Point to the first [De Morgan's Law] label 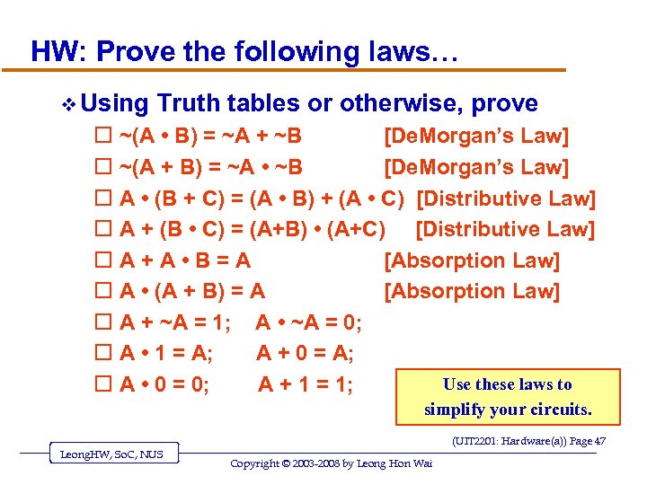pos(476,137)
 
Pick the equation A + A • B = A pos(185,260)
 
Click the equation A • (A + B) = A pos(192,291)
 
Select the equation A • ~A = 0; pos(309,322)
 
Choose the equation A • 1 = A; pos(166,353)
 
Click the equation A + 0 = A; pos(305,353)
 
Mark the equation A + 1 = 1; pos(306,384)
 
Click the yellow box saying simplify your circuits pos(508,396)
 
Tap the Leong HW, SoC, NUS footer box pos(112,454)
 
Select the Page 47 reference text pos(528,441)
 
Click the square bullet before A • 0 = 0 pos(102,384)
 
